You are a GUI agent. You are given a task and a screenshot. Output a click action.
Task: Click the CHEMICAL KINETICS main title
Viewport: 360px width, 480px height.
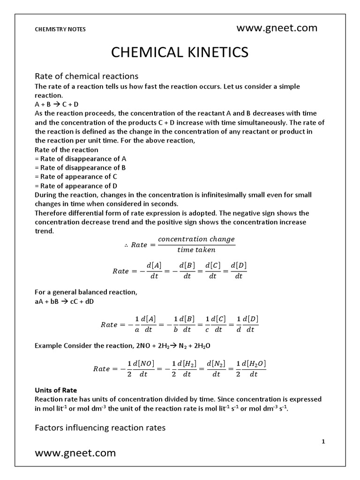(180, 52)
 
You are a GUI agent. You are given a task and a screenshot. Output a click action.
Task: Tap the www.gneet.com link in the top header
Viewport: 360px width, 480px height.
(277, 28)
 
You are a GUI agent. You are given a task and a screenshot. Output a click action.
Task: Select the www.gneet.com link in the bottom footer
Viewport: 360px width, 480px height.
(75, 453)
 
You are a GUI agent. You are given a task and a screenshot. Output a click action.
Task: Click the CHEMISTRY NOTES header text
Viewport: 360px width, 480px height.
(60, 29)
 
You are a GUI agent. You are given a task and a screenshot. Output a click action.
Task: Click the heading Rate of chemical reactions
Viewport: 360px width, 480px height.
(87, 76)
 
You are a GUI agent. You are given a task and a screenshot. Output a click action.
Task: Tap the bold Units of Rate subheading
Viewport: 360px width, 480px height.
(56, 390)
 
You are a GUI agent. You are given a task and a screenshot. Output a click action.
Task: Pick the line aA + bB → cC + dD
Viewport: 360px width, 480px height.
(65, 301)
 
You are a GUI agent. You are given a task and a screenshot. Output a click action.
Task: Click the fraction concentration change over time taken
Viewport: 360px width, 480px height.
(196, 244)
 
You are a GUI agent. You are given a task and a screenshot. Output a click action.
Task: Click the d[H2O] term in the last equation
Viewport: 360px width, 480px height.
(253, 363)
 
